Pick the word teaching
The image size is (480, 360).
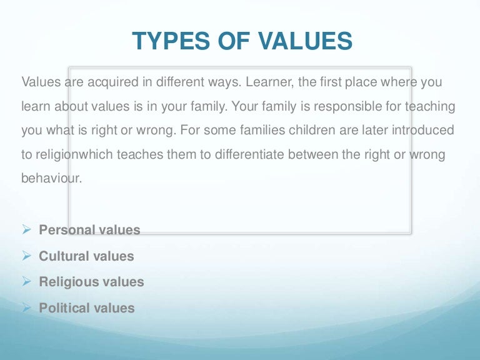[431, 106]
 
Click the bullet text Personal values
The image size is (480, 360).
[89, 230]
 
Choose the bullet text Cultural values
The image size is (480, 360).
[86, 256]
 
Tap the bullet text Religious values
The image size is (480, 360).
[91, 282]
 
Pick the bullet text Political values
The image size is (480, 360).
[87, 308]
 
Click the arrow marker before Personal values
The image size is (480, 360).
[26, 230]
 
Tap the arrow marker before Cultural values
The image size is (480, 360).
[26, 256]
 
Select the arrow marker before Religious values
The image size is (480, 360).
[26, 282]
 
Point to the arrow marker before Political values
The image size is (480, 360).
[26, 308]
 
